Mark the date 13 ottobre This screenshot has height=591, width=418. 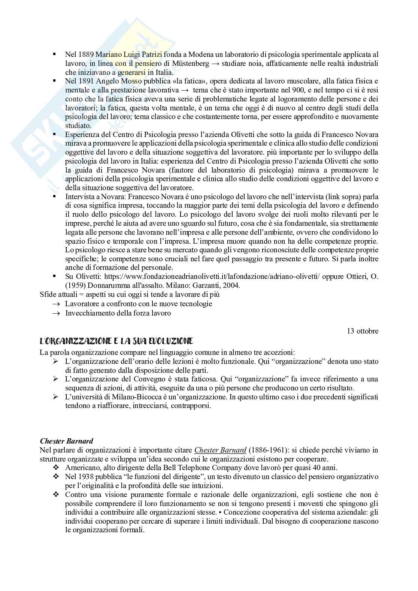click(363, 331)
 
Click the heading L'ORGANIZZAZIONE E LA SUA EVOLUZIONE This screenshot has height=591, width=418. click(116, 341)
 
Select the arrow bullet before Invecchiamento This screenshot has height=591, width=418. click(57, 313)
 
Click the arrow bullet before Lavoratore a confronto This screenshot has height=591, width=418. click(57, 304)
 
